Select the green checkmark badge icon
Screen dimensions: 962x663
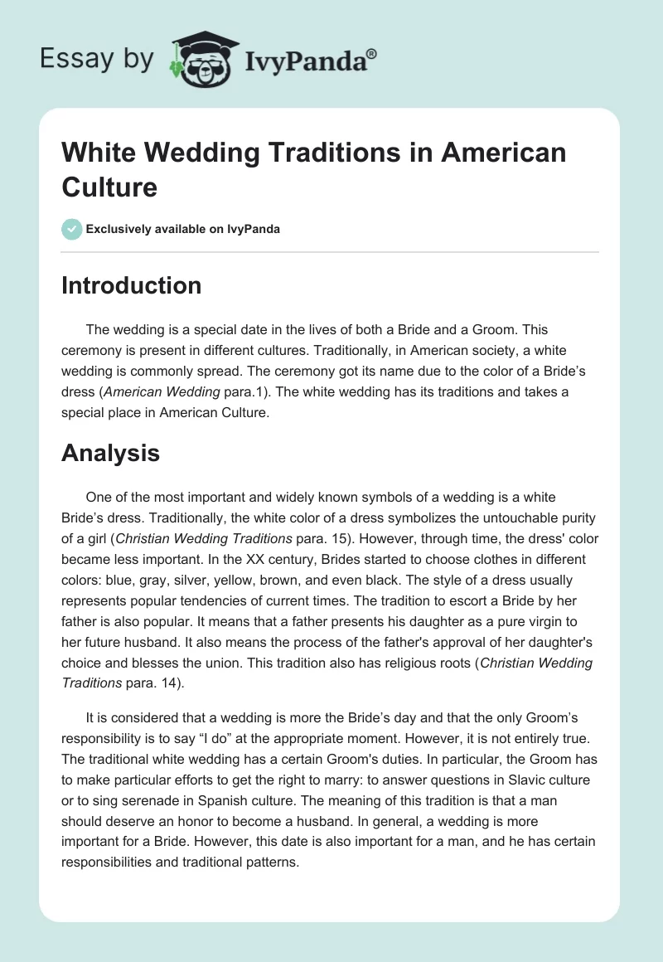click(72, 229)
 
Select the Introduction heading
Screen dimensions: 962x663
click(132, 285)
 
